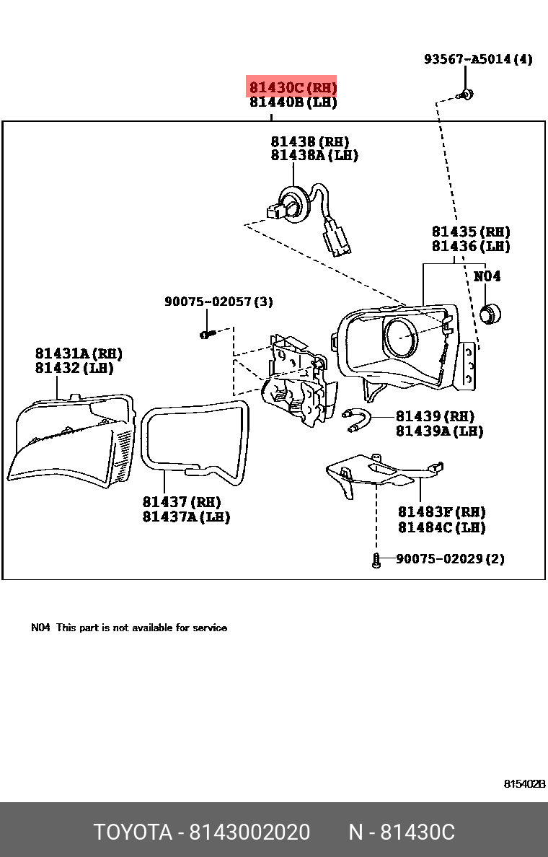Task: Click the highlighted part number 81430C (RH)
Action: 292,88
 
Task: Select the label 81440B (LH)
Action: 293,102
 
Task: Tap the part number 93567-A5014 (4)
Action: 477,59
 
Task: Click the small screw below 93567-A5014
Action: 465,94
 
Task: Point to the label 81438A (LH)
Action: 314,155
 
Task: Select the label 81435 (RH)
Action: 470,232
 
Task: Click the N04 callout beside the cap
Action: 487,276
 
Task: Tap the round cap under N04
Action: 490,314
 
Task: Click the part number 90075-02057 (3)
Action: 218,302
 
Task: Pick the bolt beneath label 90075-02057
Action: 207,334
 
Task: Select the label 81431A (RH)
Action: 78,353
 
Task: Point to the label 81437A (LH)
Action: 185,517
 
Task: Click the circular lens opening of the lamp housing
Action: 400,338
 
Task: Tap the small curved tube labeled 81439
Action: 358,420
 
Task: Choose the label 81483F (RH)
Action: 441,511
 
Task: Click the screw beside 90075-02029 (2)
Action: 376,560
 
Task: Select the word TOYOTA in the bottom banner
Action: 132,832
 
